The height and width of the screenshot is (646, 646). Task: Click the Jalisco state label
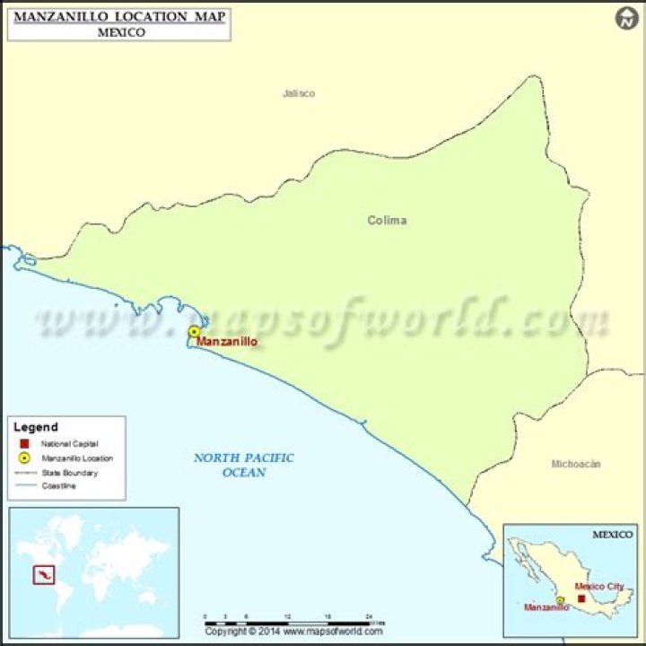click(x=299, y=93)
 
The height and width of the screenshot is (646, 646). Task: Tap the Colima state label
click(x=387, y=220)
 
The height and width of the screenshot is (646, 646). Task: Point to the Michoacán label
click(x=576, y=464)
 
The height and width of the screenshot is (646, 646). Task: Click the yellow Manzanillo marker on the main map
click(x=194, y=332)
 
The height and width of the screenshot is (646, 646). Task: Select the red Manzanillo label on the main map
click(x=227, y=342)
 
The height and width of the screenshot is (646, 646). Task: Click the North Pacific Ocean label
click(x=244, y=465)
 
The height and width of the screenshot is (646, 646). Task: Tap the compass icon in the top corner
click(x=627, y=18)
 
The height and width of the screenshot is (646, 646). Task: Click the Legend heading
click(x=37, y=427)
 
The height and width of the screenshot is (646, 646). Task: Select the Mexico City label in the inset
click(x=599, y=586)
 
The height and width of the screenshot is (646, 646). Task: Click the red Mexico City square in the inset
click(x=581, y=598)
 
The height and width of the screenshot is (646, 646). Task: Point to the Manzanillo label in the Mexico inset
click(x=546, y=607)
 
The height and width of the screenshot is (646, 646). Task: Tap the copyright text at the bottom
click(x=294, y=632)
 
